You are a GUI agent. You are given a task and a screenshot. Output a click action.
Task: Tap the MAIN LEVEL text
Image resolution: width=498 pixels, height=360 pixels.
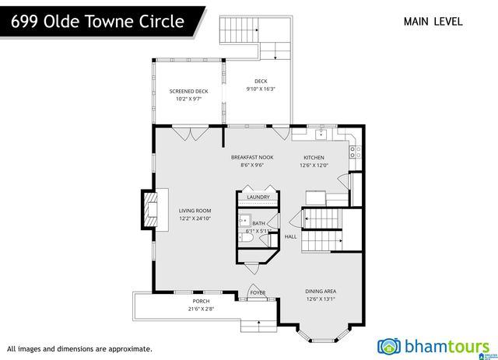coord(433,21)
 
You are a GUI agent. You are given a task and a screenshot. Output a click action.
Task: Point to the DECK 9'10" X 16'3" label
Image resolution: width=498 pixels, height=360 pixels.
coord(261,85)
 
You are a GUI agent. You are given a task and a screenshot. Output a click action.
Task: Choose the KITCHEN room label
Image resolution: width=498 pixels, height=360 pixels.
coord(316,161)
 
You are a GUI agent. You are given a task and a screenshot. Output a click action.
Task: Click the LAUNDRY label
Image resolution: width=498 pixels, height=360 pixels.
coord(258,197)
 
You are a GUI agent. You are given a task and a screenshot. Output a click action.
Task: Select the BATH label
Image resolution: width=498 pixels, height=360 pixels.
coord(258,223)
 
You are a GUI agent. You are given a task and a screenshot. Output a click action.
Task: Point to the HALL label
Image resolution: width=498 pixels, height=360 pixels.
coord(290,236)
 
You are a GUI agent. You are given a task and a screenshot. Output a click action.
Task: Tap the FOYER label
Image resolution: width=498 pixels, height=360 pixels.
coord(257,293)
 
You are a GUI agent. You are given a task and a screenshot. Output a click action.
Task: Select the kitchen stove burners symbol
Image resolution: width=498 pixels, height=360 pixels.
coord(353,152)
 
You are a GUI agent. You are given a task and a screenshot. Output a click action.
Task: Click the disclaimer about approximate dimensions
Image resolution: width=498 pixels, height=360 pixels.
coord(79,349)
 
